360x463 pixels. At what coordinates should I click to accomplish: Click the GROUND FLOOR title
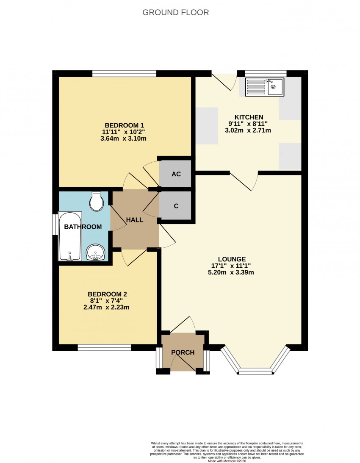tap(175, 12)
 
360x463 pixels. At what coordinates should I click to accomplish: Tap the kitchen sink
tap(265, 87)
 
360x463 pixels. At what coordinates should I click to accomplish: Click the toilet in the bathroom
tap(97, 201)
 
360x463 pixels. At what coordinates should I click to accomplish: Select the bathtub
tap(70, 236)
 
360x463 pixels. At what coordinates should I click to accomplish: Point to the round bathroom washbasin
tap(95, 252)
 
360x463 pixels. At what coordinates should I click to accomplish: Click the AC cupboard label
tap(176, 174)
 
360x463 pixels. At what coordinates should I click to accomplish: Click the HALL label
tap(135, 220)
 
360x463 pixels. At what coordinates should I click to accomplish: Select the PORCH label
tap(183, 352)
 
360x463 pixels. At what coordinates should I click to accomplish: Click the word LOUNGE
tap(232, 259)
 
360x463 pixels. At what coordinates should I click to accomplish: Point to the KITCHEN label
tap(249, 117)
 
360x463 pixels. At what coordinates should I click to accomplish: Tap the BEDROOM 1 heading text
tap(124, 125)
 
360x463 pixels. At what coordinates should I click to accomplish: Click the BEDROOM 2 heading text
tap(107, 294)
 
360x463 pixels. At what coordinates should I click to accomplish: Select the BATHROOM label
tap(83, 227)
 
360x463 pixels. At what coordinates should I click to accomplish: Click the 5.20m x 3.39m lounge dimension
tap(231, 272)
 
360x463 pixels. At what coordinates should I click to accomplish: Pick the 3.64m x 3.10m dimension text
tap(123, 139)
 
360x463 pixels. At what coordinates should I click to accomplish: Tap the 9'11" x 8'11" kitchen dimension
tap(248, 124)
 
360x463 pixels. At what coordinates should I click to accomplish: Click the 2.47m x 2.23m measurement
tap(106, 308)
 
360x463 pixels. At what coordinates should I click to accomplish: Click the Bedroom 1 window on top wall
tap(124, 74)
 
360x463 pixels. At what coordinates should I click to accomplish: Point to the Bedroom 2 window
tap(105, 347)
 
